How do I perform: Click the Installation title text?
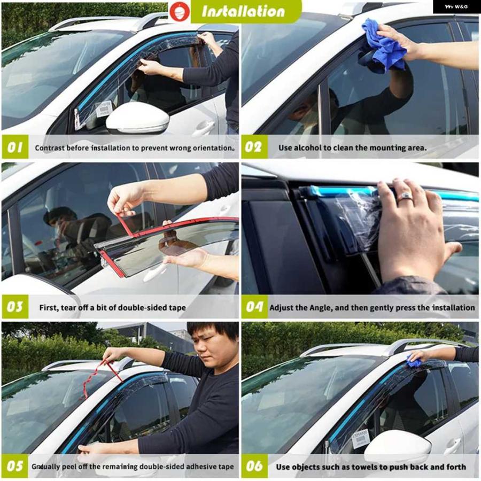point(243,12)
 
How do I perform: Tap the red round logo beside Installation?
point(180,11)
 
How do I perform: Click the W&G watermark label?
point(457,6)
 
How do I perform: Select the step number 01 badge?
point(15,148)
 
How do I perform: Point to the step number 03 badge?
point(15,307)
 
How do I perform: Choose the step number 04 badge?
point(254,307)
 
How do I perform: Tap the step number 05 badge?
point(15,466)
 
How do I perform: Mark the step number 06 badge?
point(254,466)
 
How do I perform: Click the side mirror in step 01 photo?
point(137,118)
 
